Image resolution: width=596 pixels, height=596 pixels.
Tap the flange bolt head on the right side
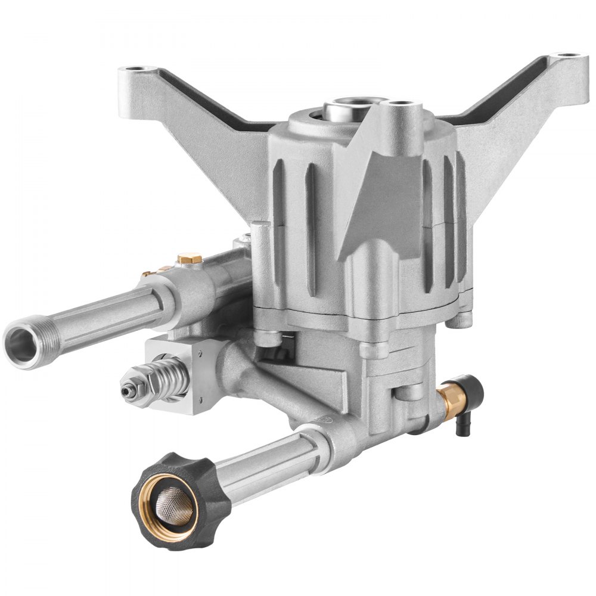pos(456,319)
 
